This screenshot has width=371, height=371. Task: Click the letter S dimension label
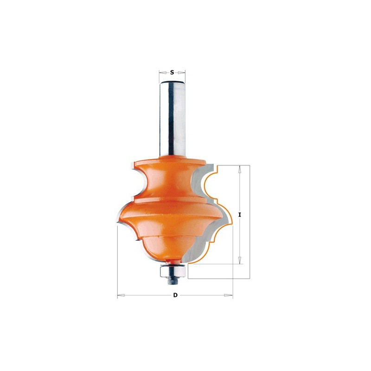pos(172,72)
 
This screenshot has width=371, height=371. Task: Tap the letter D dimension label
pos(175,295)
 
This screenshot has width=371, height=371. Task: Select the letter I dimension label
pos(240,215)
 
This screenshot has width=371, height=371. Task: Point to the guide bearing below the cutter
pos(172,271)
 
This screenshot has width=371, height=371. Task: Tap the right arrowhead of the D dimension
pos(229,295)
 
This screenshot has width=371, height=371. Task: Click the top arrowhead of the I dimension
pos(240,169)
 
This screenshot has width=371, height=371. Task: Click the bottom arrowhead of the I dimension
pos(240,260)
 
